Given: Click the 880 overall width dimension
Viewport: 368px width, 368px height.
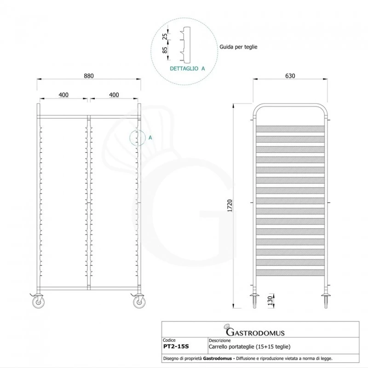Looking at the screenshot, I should point(89,76).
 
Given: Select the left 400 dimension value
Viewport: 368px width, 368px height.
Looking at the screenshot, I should point(63,95).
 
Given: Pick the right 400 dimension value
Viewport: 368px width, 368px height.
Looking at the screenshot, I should point(114,95).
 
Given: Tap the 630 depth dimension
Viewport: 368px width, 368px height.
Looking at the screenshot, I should point(290,76).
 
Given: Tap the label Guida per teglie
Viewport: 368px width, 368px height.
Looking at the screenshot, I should point(239,47).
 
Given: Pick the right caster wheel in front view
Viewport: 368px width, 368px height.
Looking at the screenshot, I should point(138,302).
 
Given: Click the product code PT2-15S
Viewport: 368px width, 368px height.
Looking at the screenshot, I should point(175,346).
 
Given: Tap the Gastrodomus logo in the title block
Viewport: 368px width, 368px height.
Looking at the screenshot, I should point(254,331).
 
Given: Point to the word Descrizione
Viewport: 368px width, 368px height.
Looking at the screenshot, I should point(220,340).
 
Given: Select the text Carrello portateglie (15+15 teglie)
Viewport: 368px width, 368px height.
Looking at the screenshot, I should point(249,346).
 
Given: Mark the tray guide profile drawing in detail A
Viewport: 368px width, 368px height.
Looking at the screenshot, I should point(184,45).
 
